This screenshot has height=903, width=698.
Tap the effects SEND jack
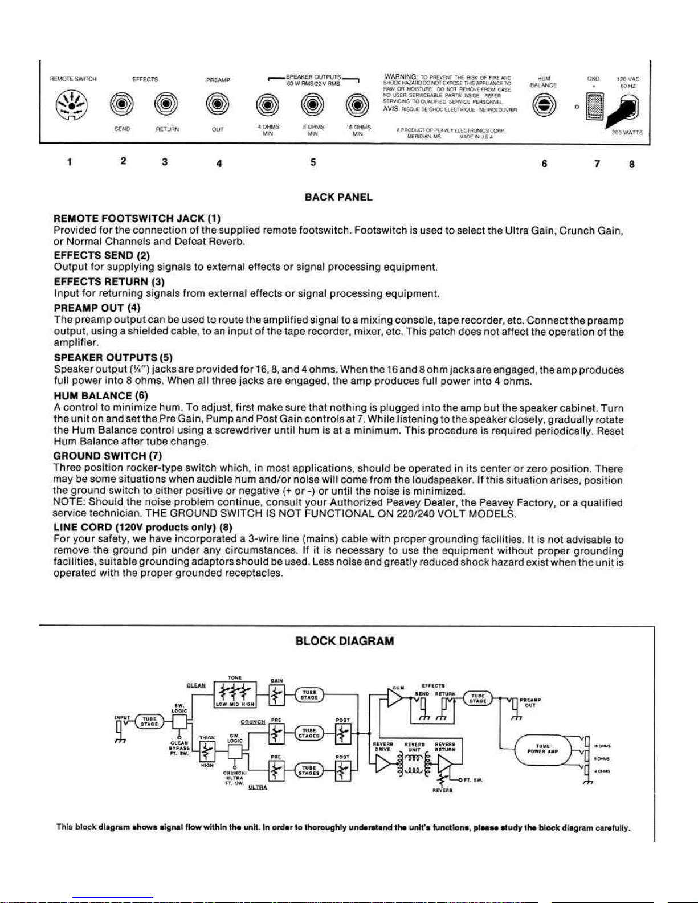[122, 105]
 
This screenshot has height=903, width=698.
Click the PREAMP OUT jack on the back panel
[218, 105]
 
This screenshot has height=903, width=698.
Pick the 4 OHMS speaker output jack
[267, 105]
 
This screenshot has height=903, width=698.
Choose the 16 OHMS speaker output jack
[357, 105]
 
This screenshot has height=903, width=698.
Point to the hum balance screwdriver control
[544, 106]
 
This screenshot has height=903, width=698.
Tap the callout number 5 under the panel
[313, 162]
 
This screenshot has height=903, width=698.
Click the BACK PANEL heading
[338, 197]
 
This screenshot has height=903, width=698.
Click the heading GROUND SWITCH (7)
[108, 456]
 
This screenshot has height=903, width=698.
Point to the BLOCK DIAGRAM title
[345, 641]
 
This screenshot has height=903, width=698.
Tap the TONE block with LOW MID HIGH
[235, 693]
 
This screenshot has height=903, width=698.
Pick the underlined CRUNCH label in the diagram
[253, 722]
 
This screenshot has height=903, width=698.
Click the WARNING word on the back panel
[402, 76]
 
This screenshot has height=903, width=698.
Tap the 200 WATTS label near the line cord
[627, 133]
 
